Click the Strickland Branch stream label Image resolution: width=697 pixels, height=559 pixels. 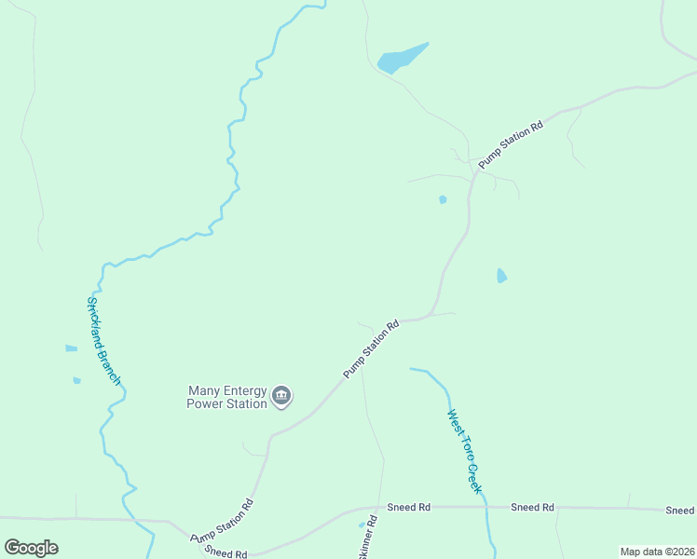coord(103,341)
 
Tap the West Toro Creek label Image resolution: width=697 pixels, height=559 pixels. coord(464,451)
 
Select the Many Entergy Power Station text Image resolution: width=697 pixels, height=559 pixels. coord(227,398)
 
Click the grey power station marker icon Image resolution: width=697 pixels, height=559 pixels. coord(280,398)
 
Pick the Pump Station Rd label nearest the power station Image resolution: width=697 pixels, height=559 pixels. coord(371,348)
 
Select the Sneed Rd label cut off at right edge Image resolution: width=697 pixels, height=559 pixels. coord(680,511)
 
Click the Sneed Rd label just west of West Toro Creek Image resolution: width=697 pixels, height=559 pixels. coord(411,507)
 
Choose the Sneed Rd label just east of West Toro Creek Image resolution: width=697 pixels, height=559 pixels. coord(532,507)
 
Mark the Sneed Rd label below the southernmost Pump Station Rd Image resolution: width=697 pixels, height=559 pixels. coord(225,553)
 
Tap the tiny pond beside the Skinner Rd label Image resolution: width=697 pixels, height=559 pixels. coord(362,525)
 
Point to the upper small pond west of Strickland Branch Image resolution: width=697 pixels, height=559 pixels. coord(71,348)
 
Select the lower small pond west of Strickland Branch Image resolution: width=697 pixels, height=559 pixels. coord(76,380)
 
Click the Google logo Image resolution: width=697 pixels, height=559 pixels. coord(31,547)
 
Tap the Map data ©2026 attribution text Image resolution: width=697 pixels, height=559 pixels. coord(657,552)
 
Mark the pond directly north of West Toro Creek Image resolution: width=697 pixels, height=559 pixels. coord(501,276)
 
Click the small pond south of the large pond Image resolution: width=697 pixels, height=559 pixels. coord(443,199)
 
